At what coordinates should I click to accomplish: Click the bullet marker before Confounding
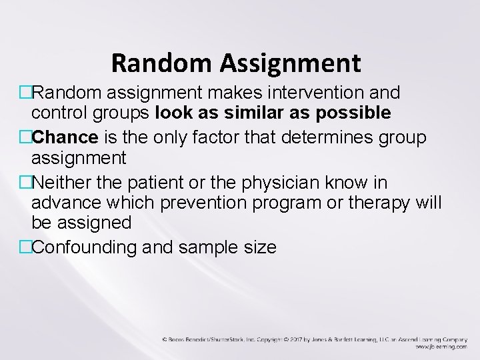[x=26, y=246]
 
